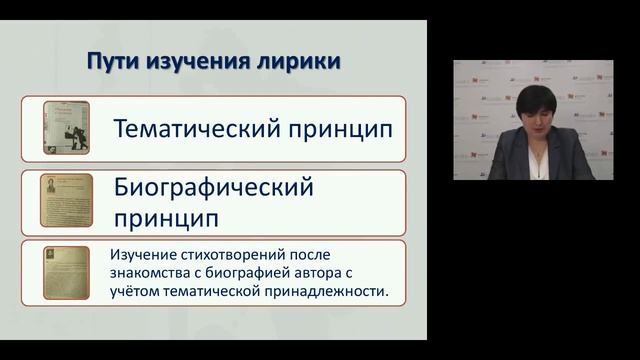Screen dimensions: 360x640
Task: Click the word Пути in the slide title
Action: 110,62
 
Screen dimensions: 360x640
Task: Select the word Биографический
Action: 214,187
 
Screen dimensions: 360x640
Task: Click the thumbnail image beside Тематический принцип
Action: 67,128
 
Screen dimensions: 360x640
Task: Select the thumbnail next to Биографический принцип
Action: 67,199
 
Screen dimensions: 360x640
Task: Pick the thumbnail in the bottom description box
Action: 67,271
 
